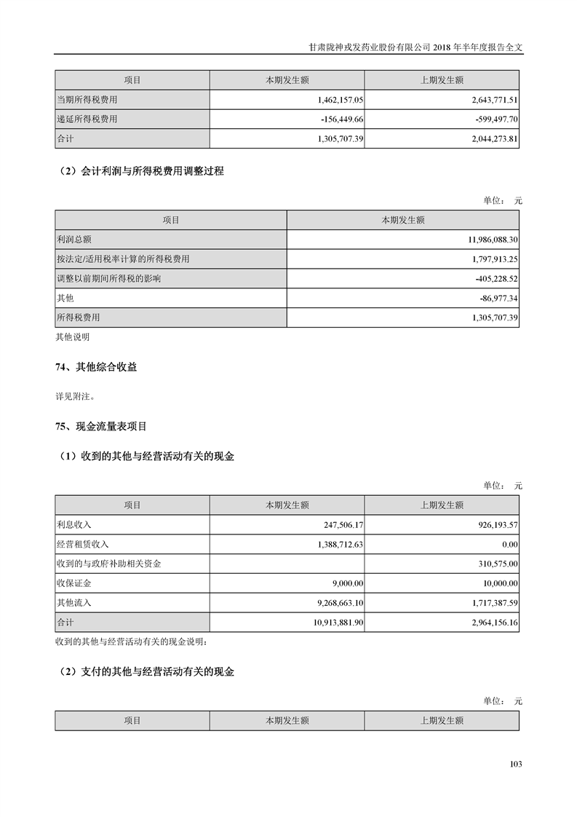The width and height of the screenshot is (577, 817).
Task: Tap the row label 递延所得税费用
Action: pos(87,119)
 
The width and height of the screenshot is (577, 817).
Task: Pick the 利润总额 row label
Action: pos(74,239)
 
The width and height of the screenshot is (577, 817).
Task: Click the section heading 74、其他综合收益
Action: pos(96,368)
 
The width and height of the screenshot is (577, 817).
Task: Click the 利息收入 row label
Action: pos(74,524)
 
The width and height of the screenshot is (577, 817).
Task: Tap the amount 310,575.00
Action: pos(493,564)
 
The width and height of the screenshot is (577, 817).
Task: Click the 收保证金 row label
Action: pos(74,583)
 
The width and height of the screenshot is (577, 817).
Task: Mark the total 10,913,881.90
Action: pos(327,623)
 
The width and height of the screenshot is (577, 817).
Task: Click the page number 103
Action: pos(516,764)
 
